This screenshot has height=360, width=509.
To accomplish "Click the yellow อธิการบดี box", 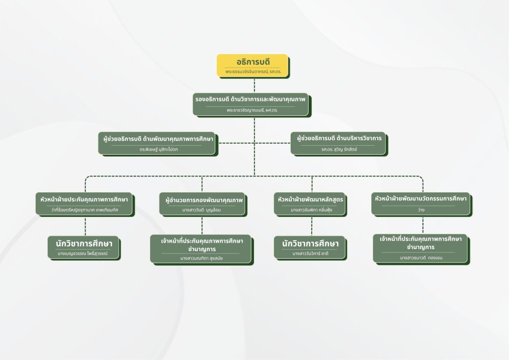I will pyautogui.click(x=253, y=65).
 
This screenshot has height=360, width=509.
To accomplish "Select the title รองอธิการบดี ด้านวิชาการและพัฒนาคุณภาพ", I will pyautogui.click(x=252, y=99).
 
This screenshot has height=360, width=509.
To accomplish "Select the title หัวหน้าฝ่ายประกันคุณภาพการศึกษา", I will pyautogui.click(x=84, y=200).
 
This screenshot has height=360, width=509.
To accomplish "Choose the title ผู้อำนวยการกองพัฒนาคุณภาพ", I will pyautogui.click(x=204, y=200).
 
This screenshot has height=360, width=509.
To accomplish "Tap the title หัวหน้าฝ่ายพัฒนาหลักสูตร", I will pyautogui.click(x=311, y=200).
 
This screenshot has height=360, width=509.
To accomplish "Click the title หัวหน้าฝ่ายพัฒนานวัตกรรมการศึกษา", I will pyautogui.click(x=421, y=199).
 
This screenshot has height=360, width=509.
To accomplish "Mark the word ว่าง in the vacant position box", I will pyautogui.click(x=421, y=210).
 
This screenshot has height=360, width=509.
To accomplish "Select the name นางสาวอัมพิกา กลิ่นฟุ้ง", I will pyautogui.click(x=311, y=210).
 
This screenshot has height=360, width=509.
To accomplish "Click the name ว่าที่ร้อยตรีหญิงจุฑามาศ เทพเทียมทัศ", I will pyautogui.click(x=84, y=210).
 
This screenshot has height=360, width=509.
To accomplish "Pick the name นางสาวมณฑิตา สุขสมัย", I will pyautogui.click(x=201, y=258).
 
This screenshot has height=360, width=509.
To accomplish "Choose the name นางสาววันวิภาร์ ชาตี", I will pyautogui.click(x=310, y=254).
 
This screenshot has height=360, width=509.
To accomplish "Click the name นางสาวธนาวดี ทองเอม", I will pyautogui.click(x=421, y=258).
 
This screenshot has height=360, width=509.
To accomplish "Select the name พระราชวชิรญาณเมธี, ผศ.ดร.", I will pyautogui.click(x=252, y=110).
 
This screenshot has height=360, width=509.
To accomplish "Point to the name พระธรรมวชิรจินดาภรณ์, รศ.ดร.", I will pyautogui.click(x=253, y=72).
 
